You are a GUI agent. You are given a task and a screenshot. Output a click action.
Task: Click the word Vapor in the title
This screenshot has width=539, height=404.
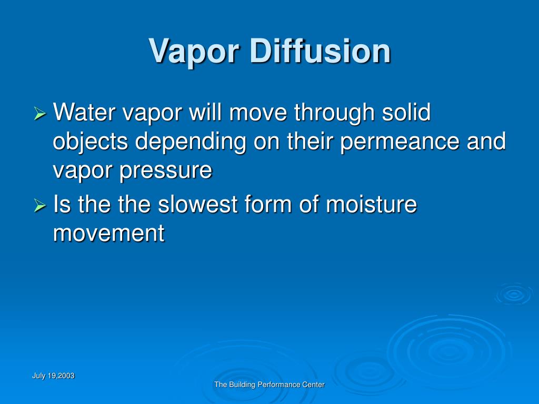click(x=195, y=52)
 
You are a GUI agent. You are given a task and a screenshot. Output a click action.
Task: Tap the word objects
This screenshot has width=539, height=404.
click(x=91, y=142)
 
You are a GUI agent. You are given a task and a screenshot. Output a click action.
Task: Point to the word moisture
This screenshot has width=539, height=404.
click(x=371, y=204)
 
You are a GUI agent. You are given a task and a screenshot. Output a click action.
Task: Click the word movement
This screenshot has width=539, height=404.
click(x=109, y=233)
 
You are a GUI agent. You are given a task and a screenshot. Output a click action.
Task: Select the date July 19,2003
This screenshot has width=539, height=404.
click(x=53, y=376)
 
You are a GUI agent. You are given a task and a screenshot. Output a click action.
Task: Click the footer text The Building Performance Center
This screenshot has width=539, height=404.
click(x=269, y=385)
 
